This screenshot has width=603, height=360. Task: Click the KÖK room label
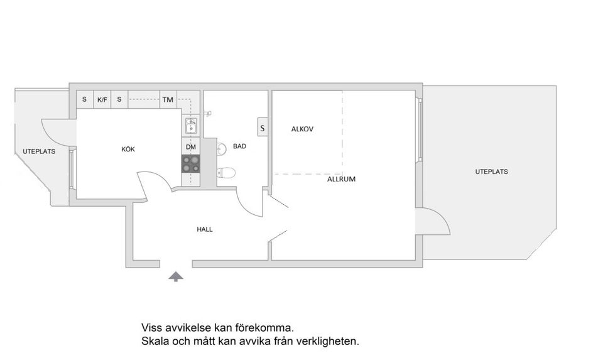[128, 150]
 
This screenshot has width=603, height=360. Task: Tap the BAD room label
[239, 146]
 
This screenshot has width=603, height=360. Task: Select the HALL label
[205, 229]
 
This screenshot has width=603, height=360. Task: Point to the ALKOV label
[302, 129]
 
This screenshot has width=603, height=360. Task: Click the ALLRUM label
[341, 179]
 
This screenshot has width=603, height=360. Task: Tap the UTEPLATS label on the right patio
[491, 172]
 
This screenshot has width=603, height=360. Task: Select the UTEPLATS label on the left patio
[39, 151]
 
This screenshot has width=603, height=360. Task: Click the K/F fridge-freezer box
[102, 99]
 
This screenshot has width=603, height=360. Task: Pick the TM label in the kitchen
[168, 99]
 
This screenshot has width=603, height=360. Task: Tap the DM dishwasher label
[191, 147]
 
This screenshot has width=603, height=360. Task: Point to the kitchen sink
[192, 127]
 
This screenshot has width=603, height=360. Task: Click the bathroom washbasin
[221, 149]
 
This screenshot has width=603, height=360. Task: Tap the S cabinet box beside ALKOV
[263, 128]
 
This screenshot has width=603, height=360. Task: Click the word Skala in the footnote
[155, 342]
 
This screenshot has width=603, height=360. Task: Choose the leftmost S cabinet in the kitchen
[84, 99]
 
